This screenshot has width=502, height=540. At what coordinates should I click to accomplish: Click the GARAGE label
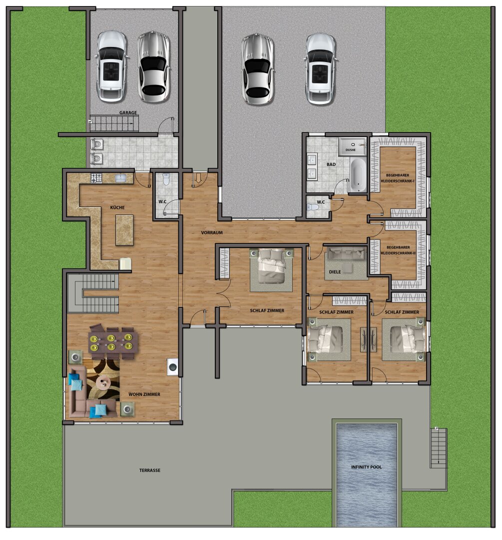point(128,112)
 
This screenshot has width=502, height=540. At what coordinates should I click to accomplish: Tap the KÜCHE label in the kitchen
point(117,207)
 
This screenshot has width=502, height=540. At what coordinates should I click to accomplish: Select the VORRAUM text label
point(212,232)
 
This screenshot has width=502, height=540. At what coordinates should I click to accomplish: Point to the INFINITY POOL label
point(366,467)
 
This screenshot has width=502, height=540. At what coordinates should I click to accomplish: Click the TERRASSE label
point(150,470)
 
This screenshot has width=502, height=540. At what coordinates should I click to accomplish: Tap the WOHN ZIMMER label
point(144,394)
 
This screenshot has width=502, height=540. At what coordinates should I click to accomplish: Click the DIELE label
point(335,271)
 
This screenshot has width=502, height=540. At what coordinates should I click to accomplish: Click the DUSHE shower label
point(350,150)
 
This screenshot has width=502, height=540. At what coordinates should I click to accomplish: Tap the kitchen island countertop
point(124,230)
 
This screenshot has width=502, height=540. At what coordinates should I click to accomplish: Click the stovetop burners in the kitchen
point(96,177)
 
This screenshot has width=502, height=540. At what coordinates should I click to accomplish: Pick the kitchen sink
point(120,177)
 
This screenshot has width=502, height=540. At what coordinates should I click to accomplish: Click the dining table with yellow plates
point(113,341)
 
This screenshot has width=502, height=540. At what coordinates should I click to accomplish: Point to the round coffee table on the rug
point(103,381)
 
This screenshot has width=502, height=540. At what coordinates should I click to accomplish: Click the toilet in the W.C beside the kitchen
point(166,179)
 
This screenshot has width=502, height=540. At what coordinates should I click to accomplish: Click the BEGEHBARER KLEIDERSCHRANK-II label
point(398,250)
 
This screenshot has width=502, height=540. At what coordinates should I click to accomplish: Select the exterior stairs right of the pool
point(439,447)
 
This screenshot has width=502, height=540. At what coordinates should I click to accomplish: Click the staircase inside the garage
point(114,123)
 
